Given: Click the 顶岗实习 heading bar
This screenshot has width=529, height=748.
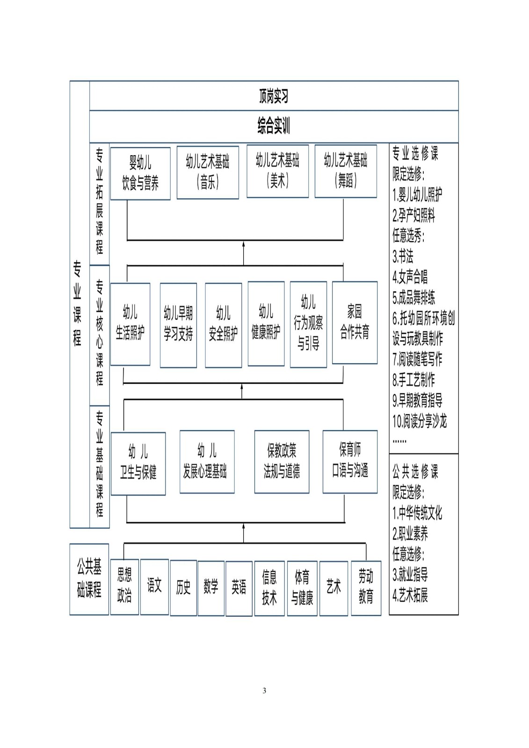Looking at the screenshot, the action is coord(274,96).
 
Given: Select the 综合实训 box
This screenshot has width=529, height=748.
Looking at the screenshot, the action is coord(274,127).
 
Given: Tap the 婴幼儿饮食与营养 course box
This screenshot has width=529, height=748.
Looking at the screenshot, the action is coord(140,173).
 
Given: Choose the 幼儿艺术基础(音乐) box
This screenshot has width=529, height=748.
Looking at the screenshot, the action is coord(208,173).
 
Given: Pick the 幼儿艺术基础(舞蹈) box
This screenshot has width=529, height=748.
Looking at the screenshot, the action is coord(346,171).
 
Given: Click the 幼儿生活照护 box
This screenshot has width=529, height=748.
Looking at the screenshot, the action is coord(130,324).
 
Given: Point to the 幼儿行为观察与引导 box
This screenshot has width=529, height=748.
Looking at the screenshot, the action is coord(308,324).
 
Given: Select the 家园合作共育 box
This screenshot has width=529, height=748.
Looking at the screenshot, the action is coord(355,323).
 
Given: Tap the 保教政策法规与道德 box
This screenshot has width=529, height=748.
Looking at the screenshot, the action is coord(282,462).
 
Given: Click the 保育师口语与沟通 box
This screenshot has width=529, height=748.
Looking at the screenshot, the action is coord(350,462).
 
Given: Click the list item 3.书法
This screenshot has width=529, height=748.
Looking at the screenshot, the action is coord(403,257).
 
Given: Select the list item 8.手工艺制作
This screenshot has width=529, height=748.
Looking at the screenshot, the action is coord(414,380).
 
